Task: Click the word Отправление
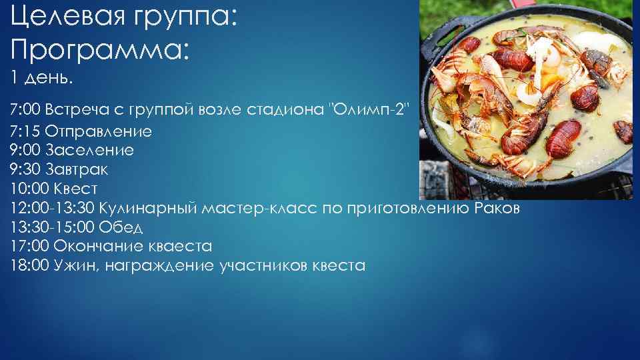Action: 103,131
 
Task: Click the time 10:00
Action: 30,189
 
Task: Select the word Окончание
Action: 94,247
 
